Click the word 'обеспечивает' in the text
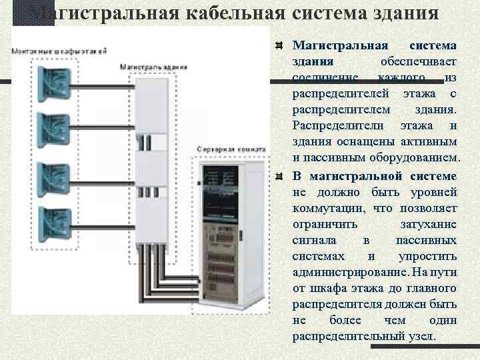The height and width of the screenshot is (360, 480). point(419,61)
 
